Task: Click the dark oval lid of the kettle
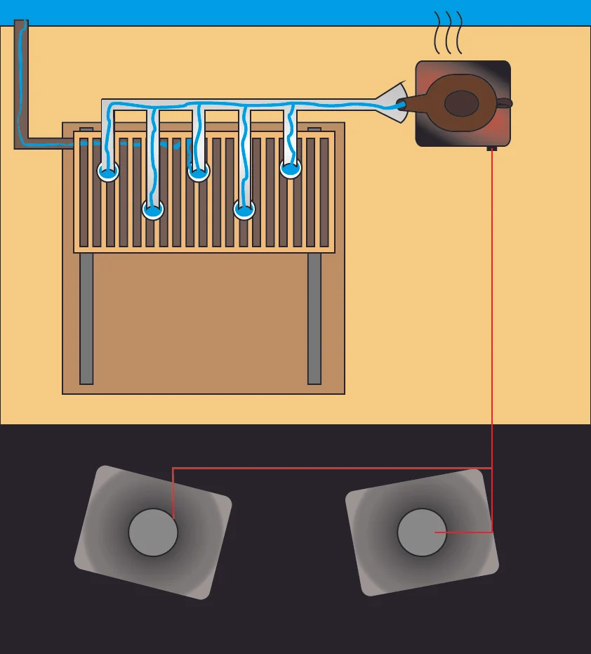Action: point(462,103)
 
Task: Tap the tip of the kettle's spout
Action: point(401,105)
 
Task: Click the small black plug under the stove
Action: point(492,148)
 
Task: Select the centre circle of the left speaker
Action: point(153,532)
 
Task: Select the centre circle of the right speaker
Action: point(422,532)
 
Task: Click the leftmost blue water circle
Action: point(107,171)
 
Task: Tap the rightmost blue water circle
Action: point(291,168)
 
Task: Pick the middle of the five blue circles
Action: point(199,171)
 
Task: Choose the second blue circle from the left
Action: point(153,209)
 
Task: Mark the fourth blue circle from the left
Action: point(244,209)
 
